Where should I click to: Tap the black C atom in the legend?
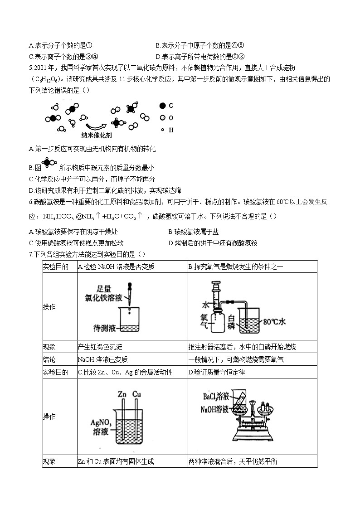point(162,106)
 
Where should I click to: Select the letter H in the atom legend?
point(171,130)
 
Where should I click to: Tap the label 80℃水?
point(274,322)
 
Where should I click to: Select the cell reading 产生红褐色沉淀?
point(100,347)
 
